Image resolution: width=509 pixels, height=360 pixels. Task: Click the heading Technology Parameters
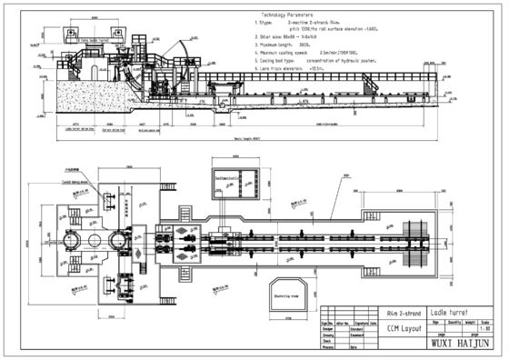[x=290, y=15]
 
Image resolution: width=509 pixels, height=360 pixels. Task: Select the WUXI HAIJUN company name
[x=454, y=345]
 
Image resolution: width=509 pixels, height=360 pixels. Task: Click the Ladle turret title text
[x=448, y=312]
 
